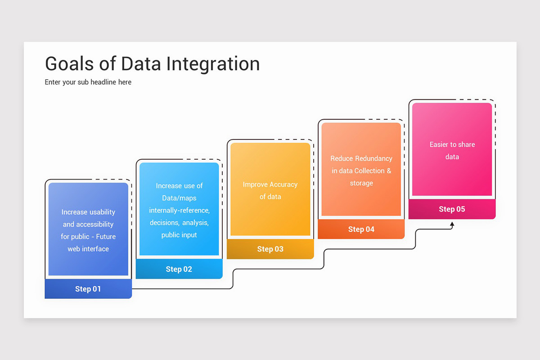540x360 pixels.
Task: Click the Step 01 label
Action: point(88,289)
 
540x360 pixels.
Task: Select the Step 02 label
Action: point(179,269)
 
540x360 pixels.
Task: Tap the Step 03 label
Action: point(270,249)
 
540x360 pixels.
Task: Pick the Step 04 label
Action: point(361,229)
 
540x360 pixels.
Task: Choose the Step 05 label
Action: point(452,209)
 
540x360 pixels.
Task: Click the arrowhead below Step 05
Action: point(452,224)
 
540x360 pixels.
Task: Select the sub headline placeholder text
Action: point(88,82)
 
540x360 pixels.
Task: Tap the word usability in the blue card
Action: point(102,212)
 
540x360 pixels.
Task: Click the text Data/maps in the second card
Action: point(179,198)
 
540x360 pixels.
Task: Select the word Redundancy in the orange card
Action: point(373,158)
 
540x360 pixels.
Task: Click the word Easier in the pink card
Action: point(439,144)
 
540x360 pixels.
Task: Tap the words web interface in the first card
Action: point(88,249)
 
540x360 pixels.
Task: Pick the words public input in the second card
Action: point(179,235)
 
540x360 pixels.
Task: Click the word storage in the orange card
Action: point(361,183)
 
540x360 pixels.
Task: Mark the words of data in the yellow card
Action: point(270,197)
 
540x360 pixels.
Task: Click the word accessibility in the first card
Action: point(94,224)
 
